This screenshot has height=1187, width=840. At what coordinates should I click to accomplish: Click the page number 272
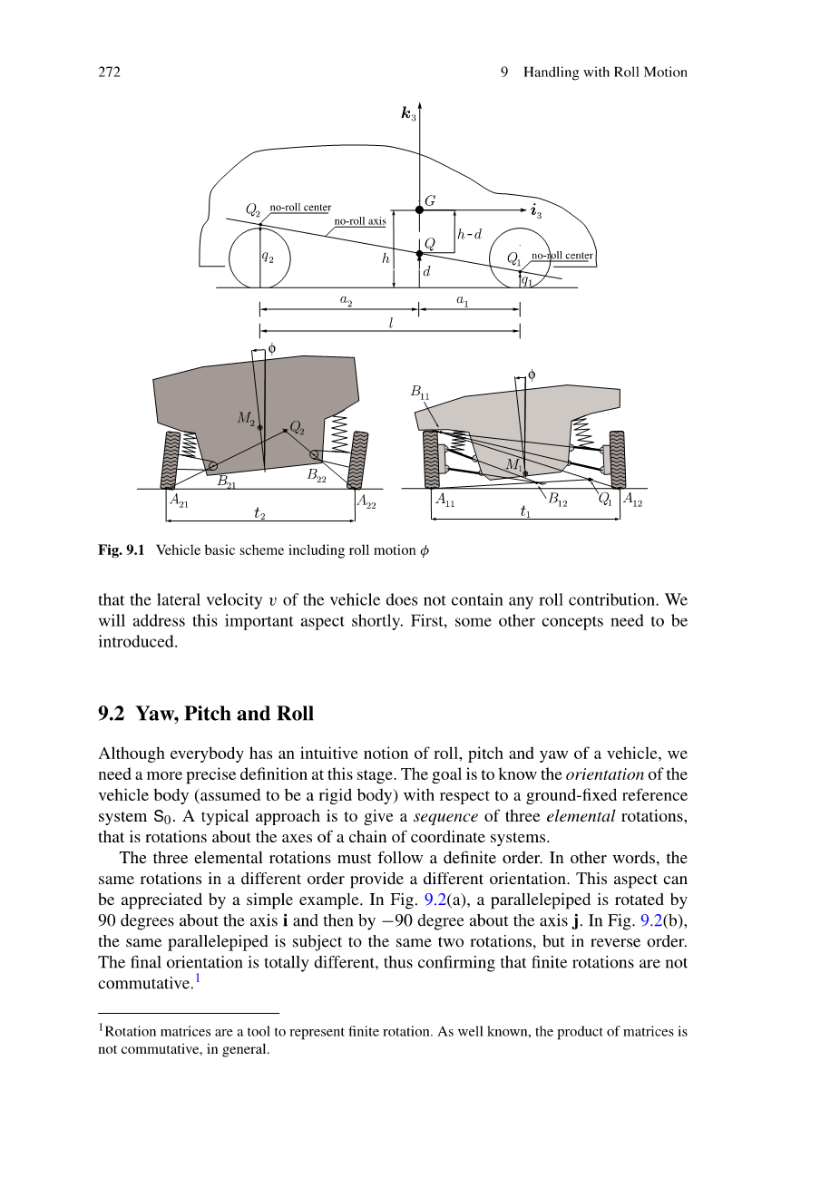click(x=109, y=73)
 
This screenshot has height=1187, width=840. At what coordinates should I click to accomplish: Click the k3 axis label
click(x=408, y=114)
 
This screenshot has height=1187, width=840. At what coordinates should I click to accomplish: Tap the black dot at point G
click(x=419, y=209)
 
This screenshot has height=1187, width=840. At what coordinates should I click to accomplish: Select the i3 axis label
click(x=536, y=211)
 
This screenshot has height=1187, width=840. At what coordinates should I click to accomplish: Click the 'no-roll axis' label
click(x=359, y=220)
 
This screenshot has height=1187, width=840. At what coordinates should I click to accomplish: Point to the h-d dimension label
click(x=469, y=234)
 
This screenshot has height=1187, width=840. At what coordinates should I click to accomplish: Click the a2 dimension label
click(x=346, y=299)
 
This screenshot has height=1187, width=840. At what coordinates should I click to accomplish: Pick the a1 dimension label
click(x=462, y=299)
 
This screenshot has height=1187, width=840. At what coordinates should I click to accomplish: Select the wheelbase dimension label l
click(x=391, y=323)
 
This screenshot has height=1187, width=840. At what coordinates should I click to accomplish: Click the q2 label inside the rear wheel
click(x=268, y=257)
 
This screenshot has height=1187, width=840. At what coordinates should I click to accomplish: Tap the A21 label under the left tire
click(x=179, y=500)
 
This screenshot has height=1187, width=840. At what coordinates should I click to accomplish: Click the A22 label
click(x=366, y=501)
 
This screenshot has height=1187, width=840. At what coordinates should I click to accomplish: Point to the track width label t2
click(x=259, y=513)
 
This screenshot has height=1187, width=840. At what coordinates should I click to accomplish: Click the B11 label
click(x=420, y=392)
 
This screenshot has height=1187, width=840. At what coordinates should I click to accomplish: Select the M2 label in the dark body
click(x=246, y=418)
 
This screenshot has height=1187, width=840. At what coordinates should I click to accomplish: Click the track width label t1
click(x=525, y=512)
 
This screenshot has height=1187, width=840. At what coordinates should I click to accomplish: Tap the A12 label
click(x=632, y=500)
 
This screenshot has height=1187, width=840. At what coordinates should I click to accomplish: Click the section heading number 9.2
click(x=112, y=714)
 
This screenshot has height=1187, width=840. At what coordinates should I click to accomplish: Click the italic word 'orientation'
click(x=604, y=774)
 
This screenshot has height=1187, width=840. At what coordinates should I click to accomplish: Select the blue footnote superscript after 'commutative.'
click(x=198, y=978)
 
